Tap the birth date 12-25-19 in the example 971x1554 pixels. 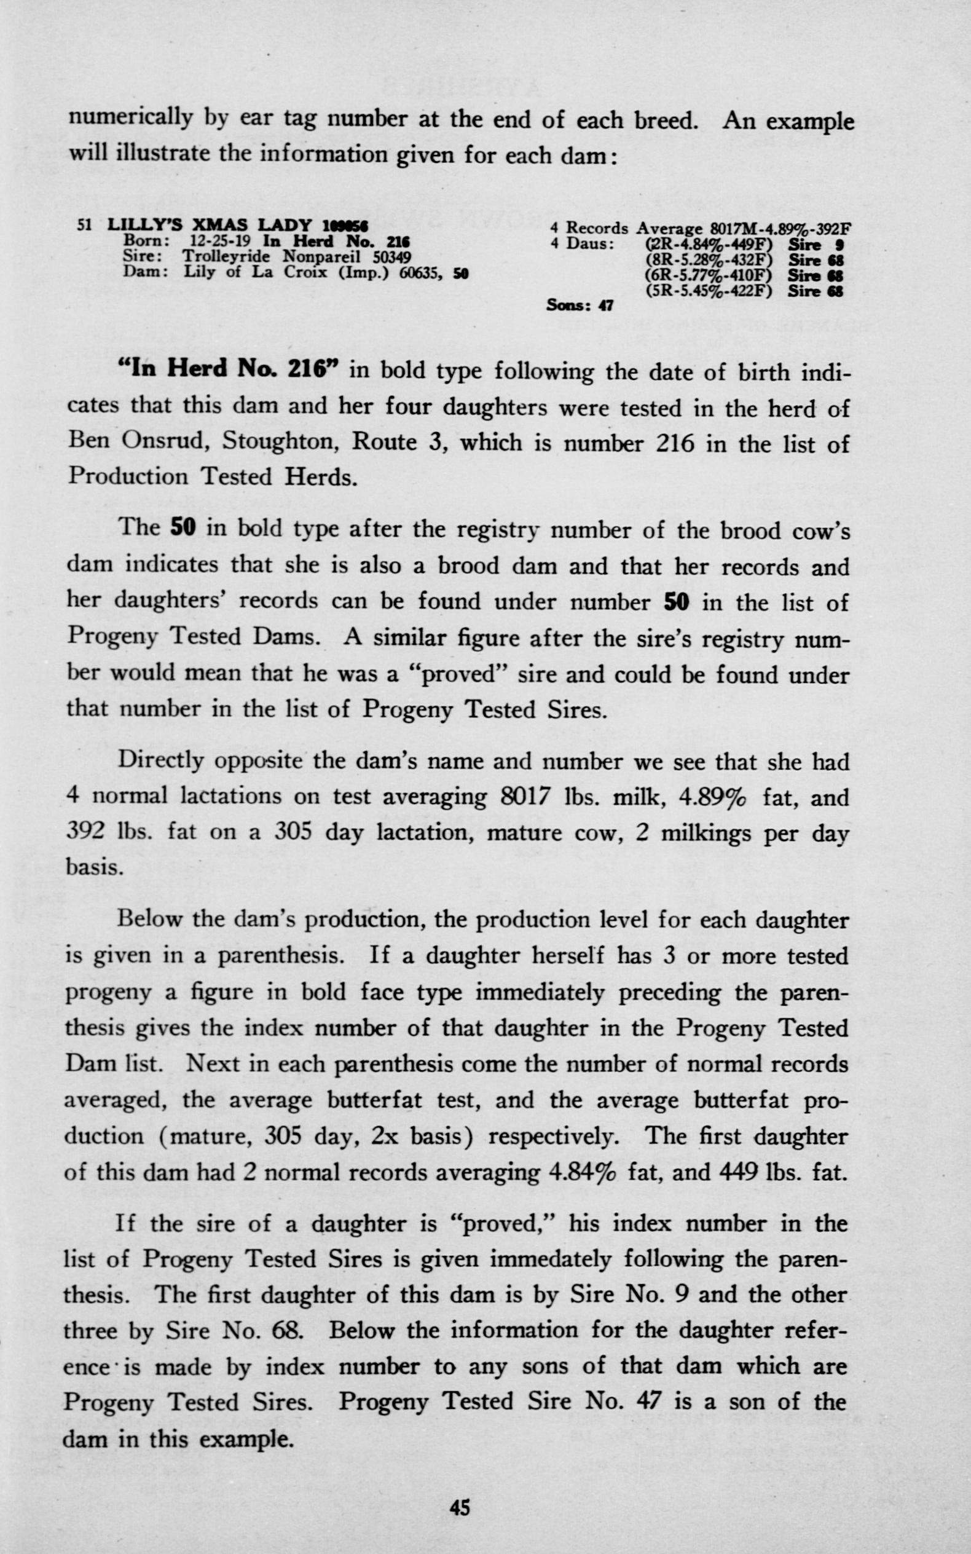point(220,242)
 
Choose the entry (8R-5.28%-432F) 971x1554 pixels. point(708,260)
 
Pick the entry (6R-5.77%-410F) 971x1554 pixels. point(708,275)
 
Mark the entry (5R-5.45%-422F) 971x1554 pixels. point(708,291)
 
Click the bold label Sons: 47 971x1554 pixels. point(580,306)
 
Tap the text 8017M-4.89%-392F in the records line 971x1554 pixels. point(780,229)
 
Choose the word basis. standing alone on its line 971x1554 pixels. point(94,867)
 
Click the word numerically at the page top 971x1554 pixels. point(132,119)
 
